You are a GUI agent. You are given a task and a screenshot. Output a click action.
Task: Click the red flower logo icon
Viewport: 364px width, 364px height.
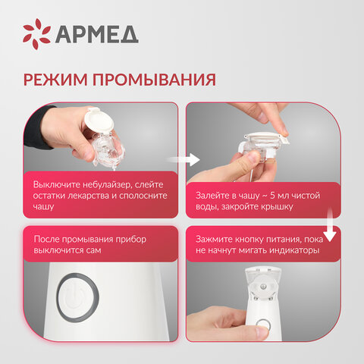(x=36, y=33)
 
